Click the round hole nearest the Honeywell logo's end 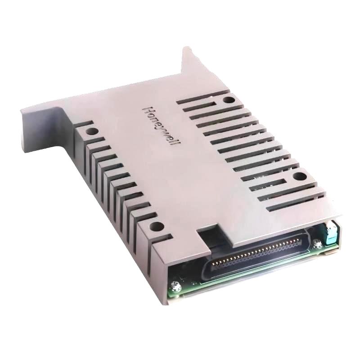point(300,176)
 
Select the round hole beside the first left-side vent point(92,131)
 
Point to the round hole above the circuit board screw point(157,227)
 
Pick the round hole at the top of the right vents point(229,100)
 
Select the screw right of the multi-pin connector point(318,244)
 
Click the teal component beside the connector point(331,234)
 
